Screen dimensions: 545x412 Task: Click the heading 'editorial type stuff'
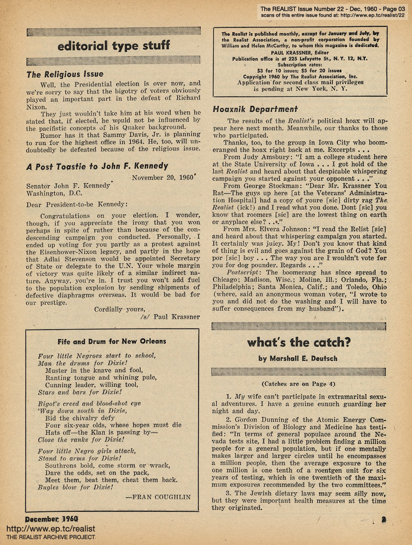click(x=113, y=46)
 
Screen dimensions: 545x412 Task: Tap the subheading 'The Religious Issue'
click(x=65, y=75)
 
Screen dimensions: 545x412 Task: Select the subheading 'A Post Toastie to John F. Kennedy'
click(x=97, y=166)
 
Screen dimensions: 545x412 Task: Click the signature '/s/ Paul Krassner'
click(x=169, y=316)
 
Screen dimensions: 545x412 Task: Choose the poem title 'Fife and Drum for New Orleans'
click(x=112, y=341)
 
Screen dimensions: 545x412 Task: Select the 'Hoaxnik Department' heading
click(x=255, y=109)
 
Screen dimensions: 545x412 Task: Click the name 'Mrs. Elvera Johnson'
click(x=276, y=229)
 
